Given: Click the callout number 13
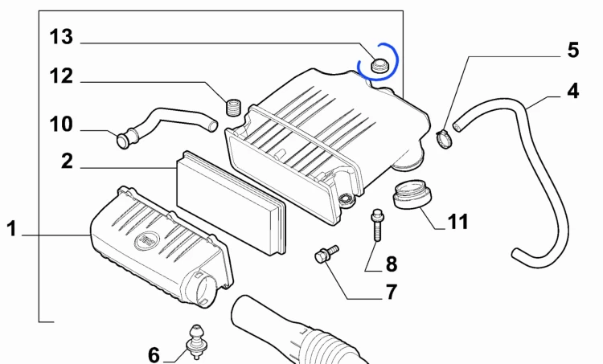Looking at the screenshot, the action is point(61,37).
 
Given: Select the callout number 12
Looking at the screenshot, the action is point(61,76).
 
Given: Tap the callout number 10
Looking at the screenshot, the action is point(61,125).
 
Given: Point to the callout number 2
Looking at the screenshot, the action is point(68,161).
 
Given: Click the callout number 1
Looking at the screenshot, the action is point(12,229).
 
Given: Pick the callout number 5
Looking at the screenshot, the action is point(573,51).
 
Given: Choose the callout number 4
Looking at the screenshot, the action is point(573,92).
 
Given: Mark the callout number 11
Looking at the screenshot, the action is point(458,222).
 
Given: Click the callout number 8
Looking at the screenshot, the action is point(391,264).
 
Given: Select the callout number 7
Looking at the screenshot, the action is point(391,292).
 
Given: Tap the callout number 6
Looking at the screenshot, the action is point(154,355).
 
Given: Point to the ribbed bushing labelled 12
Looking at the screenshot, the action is point(233,107).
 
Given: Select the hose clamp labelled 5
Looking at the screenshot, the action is point(445,139).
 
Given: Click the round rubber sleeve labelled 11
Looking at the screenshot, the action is point(412,195).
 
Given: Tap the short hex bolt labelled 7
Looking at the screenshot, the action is point(326,254).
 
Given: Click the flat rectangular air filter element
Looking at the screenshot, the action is point(231,202).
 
